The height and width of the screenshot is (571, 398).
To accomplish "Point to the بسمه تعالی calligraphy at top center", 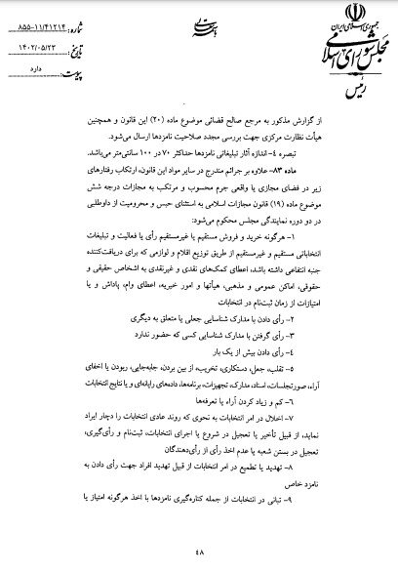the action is pos(199,36).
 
